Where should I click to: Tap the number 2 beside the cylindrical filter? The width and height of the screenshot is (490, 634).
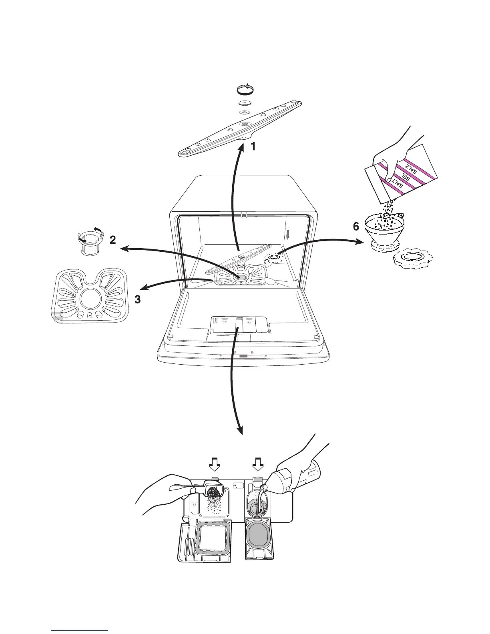[x=113, y=240]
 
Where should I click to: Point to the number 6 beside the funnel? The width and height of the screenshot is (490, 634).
[x=356, y=227]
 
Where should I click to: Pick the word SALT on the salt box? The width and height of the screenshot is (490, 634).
[x=396, y=185]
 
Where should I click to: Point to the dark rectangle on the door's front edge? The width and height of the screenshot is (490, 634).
[x=243, y=355]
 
